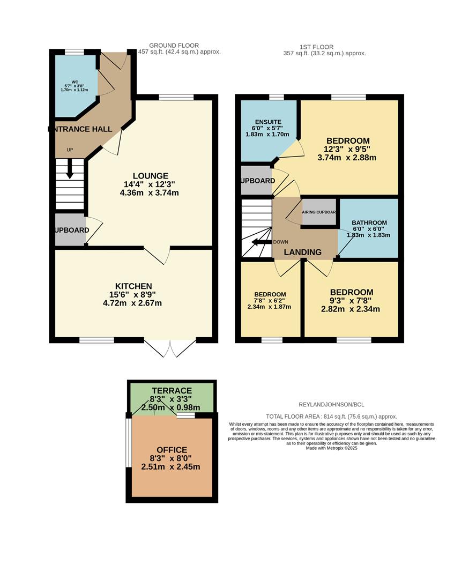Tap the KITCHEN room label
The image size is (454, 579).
tap(133, 286)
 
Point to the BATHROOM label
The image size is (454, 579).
tap(369, 222)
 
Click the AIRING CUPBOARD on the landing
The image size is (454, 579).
tap(319, 212)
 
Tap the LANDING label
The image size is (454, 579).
tap(303, 252)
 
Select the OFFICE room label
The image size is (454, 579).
tap(172, 450)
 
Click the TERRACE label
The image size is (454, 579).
tap(171, 390)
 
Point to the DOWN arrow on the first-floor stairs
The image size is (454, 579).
tap(261, 242)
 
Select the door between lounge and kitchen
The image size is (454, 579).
tap(157, 255)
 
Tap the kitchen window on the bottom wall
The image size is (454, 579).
tap(96, 339)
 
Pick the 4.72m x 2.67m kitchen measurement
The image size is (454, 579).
tap(133, 303)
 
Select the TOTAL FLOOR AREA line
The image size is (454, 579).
tap(332, 416)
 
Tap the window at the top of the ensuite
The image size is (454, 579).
tap(276, 97)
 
